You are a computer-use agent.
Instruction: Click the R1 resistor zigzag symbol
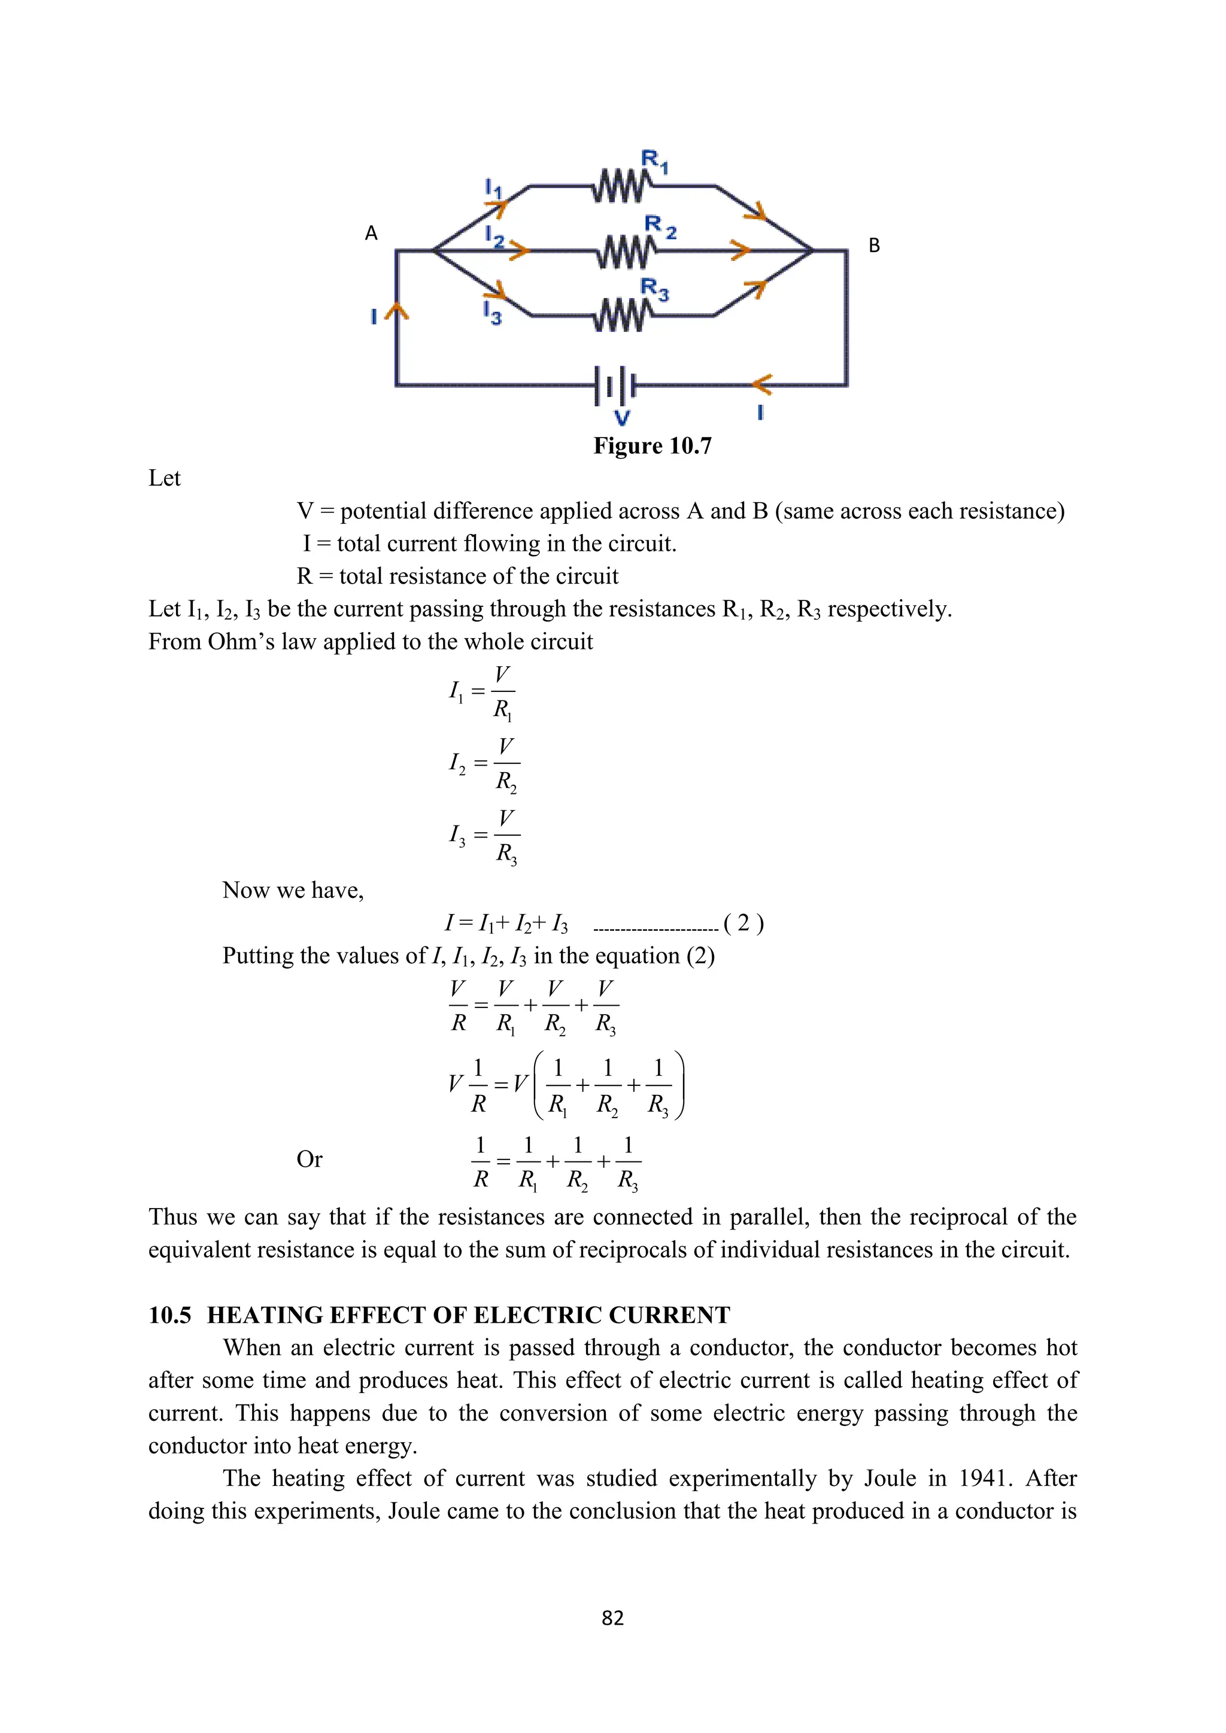tap(621, 186)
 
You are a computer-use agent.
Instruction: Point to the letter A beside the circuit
tap(371, 233)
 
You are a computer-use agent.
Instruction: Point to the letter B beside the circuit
tap(874, 245)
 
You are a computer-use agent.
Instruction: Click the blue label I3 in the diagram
tap(491, 312)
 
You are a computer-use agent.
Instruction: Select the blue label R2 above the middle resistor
tap(660, 226)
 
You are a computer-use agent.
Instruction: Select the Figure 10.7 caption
tap(653, 445)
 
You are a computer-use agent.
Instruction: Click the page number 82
tap(612, 1617)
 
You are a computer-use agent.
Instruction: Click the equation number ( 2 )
tap(743, 922)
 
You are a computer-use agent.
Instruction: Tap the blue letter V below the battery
tap(621, 417)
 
